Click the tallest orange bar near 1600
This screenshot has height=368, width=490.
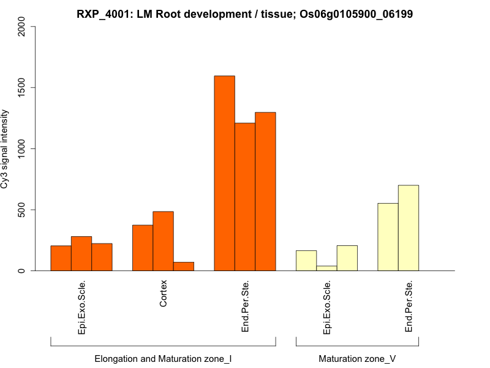224,173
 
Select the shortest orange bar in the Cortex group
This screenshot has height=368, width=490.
184,266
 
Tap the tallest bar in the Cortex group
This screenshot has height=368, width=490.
163,241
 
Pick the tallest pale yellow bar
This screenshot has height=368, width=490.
409,228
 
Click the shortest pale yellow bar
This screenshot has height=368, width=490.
326,268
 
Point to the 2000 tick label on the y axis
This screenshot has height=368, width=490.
22,26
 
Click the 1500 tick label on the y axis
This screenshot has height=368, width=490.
22,87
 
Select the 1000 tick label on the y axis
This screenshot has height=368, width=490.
22,148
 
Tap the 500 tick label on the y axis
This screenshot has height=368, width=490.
22,210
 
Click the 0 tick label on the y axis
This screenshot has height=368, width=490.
22,270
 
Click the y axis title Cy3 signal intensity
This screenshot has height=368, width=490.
6,148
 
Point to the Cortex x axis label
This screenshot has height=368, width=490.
164,294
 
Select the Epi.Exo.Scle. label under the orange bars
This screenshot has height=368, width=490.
82,307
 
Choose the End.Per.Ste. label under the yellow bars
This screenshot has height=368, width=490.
409,306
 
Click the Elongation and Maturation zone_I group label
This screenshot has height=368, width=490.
163,358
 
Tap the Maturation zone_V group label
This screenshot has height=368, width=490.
357,358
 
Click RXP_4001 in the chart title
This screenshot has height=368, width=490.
103,13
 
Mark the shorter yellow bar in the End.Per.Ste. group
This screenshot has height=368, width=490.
388,237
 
